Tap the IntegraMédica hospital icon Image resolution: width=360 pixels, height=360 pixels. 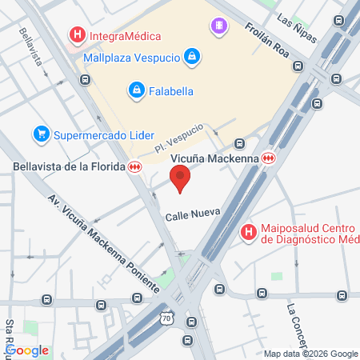pos(78,35)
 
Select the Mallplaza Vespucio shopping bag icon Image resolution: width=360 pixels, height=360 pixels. pos(191,57)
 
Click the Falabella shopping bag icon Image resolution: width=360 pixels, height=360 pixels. pos(137,90)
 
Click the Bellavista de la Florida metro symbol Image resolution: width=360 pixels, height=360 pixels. pos(135,166)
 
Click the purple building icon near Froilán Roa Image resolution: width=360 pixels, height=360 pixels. pos(218,26)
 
